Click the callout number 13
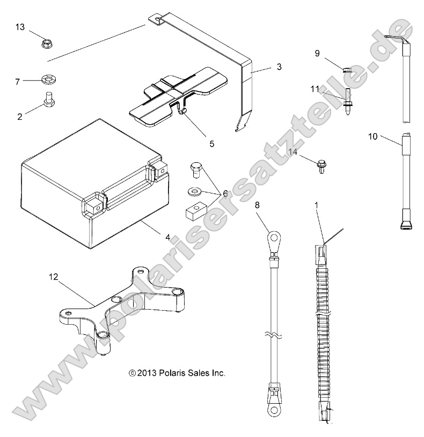(x=20, y=27)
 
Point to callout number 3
(x=279, y=67)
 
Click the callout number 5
(x=211, y=144)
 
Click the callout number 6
(x=225, y=192)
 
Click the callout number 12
(x=53, y=277)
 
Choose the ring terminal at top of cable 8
(x=274, y=238)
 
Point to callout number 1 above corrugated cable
(x=316, y=205)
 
